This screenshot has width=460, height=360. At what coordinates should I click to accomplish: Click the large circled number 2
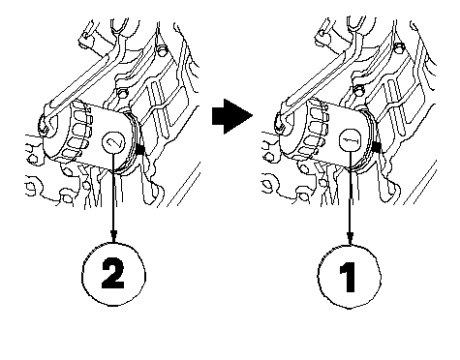point(113,275)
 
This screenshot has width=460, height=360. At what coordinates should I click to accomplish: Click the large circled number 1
point(350,277)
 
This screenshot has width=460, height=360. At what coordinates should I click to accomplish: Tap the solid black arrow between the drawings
point(232,116)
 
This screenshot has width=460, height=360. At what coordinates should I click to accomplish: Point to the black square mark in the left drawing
point(139,149)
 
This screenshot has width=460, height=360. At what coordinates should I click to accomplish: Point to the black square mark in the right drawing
point(377,147)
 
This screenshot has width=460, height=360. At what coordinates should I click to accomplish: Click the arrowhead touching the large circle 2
point(113,236)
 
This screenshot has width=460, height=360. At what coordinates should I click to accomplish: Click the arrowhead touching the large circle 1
point(350,239)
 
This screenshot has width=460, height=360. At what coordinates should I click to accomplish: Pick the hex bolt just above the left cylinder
point(123,93)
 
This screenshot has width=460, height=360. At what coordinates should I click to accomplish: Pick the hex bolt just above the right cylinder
point(358,90)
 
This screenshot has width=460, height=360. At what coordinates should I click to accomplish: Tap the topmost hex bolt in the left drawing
point(162,49)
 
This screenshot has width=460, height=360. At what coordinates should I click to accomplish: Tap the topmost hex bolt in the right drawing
point(399,46)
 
